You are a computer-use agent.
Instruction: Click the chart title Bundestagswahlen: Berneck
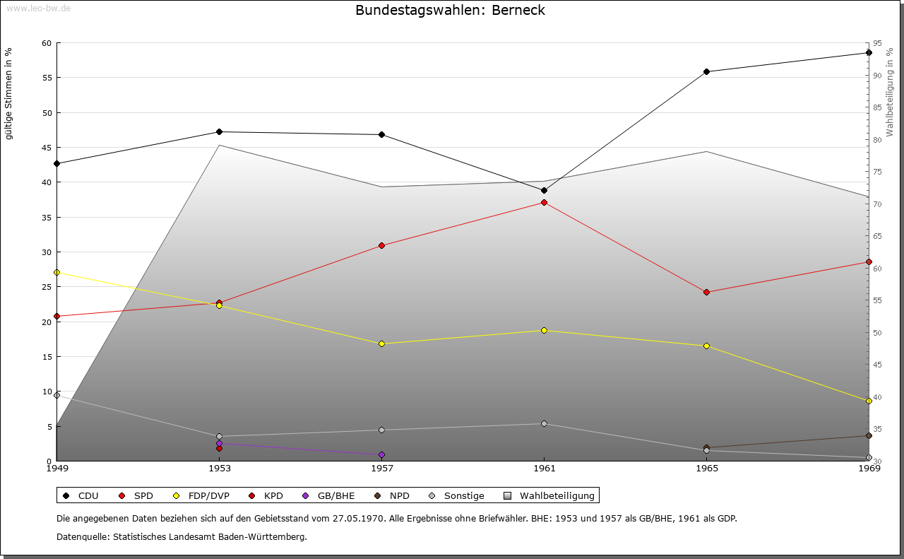(x=450, y=10)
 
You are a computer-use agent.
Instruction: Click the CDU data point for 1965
(x=706, y=71)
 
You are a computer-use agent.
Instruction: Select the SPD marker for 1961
(x=544, y=203)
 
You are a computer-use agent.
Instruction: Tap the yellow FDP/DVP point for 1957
(x=381, y=343)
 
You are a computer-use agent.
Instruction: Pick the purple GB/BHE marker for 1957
(x=381, y=454)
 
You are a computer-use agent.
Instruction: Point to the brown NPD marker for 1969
(x=869, y=435)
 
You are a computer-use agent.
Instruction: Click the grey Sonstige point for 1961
(x=544, y=423)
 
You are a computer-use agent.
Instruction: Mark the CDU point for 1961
(x=544, y=190)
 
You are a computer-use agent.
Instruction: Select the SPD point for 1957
(x=381, y=245)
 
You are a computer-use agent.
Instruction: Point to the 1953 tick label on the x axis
(x=219, y=468)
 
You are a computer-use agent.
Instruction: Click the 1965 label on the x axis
(x=706, y=468)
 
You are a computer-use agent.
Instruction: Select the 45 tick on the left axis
(x=47, y=148)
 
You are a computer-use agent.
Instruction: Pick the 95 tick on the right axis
(x=877, y=43)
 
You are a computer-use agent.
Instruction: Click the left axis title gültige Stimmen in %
(x=9, y=93)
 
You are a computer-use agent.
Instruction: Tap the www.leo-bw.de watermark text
(x=36, y=8)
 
